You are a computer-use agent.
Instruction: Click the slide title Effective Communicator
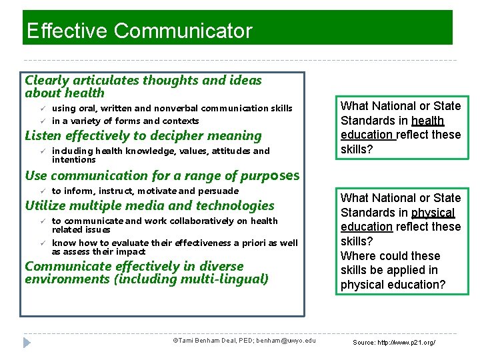(139, 31)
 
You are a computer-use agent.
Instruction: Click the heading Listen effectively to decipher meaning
(143, 136)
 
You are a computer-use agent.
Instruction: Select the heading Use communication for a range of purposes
(162, 176)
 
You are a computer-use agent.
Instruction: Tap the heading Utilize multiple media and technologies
(149, 206)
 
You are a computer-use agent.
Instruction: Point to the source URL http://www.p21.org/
(394, 342)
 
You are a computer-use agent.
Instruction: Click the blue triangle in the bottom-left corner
(27, 342)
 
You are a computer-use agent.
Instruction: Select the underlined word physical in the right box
(433, 213)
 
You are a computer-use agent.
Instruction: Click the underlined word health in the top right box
(427, 121)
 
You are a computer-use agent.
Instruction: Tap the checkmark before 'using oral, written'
(41, 108)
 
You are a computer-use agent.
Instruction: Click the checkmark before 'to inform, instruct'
(41, 191)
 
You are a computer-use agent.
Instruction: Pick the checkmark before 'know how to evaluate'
(41, 243)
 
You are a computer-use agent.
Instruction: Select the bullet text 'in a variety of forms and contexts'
(125, 121)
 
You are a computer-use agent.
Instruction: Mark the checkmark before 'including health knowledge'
(41, 151)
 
